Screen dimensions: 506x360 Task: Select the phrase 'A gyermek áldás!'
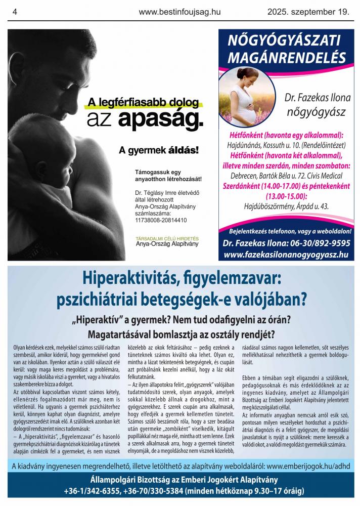[x=159, y=150]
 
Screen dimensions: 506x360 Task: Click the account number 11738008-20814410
[x=160, y=220]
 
